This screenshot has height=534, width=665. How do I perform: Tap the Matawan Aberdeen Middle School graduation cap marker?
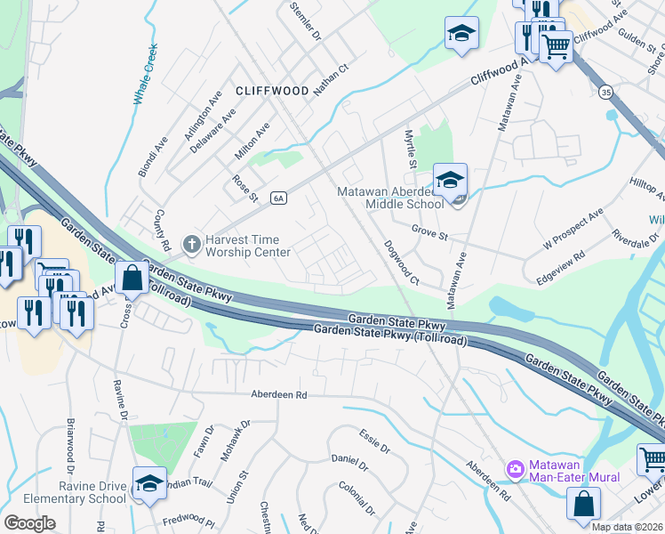point(450,179)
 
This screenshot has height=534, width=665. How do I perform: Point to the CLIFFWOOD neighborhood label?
point(272,91)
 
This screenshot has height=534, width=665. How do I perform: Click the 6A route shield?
point(278,198)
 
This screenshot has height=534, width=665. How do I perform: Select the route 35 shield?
point(605,91)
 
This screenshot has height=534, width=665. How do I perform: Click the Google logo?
point(30,522)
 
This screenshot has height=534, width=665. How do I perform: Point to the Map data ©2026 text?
point(627,527)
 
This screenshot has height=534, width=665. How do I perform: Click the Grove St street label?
point(428,229)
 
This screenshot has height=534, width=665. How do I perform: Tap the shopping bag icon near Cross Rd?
point(132,279)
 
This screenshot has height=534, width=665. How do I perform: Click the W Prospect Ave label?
point(573,228)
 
